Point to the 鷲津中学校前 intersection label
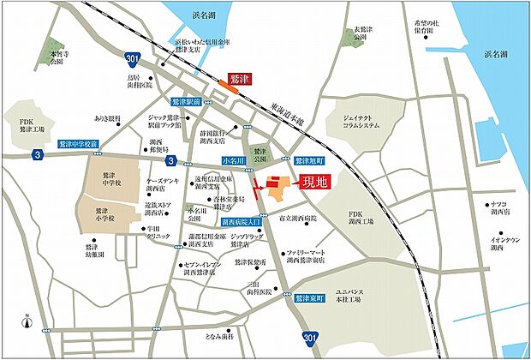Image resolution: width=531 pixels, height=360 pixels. [x=79, y=145]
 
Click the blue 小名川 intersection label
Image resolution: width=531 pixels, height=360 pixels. [x=233, y=160]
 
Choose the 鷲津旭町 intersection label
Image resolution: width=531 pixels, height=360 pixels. [x=308, y=161]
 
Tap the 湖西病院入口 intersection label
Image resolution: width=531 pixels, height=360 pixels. [x=246, y=221]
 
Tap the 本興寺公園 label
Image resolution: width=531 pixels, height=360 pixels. [x=57, y=57]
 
